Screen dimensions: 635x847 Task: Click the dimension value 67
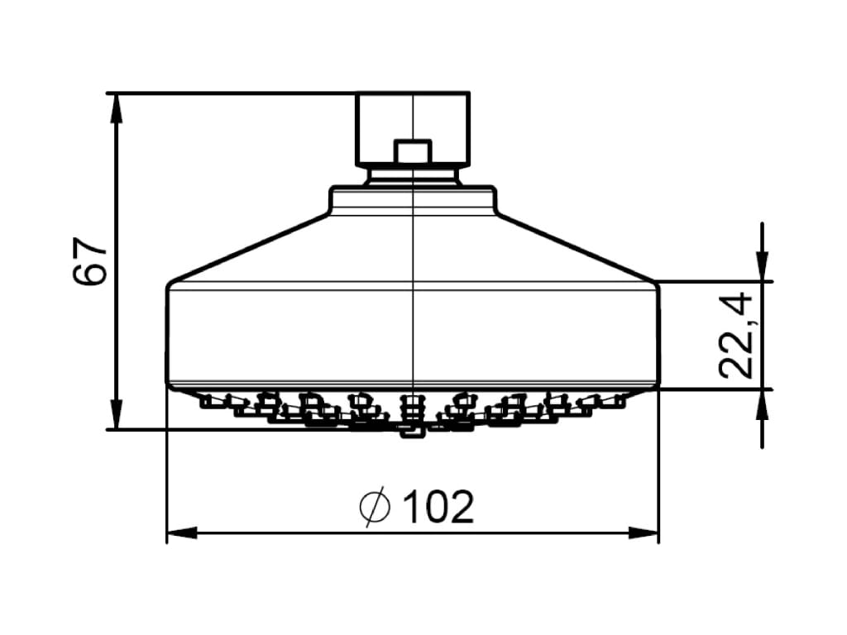coord(90,261)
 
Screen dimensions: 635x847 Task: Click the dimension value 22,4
coord(735,336)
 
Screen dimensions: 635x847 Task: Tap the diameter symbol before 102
coord(375,507)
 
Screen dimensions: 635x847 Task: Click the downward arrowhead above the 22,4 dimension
coord(762,270)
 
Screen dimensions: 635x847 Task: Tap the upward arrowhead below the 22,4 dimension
coord(762,401)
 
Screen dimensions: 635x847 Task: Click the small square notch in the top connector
coord(413,152)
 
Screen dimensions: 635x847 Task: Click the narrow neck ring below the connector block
coord(413,175)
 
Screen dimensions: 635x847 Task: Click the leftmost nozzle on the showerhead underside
coord(207,402)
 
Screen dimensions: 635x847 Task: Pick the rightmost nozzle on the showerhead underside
coord(616,402)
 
